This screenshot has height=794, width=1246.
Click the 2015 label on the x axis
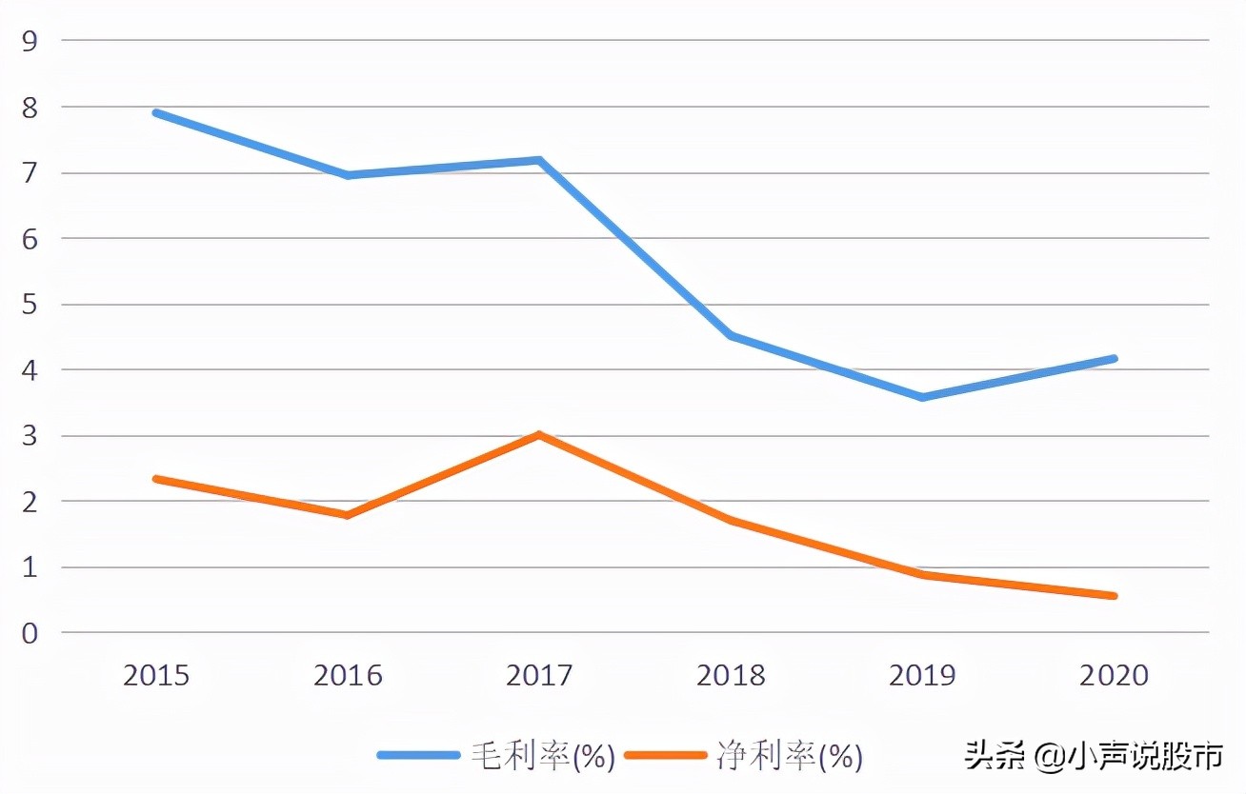click(x=156, y=676)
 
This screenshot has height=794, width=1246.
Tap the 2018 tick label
click(x=731, y=676)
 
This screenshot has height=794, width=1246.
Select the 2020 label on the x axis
click(x=1114, y=676)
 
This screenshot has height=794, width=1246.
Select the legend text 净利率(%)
click(x=790, y=757)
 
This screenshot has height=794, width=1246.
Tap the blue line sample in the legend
click(x=419, y=756)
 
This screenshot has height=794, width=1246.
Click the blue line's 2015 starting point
click(x=156, y=113)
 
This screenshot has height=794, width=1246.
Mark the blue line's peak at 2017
click(x=539, y=160)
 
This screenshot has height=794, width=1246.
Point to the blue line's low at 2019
click(x=922, y=397)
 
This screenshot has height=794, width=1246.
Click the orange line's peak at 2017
click(x=539, y=435)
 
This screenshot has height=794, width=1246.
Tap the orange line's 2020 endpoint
click(x=1113, y=596)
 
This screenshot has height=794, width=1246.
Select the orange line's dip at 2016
click(x=348, y=515)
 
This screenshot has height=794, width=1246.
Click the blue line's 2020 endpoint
click(x=1113, y=358)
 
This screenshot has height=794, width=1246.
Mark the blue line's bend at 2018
click(x=731, y=335)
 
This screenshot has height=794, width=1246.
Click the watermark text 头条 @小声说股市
click(x=1093, y=757)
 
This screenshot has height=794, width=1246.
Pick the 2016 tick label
click(x=348, y=676)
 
